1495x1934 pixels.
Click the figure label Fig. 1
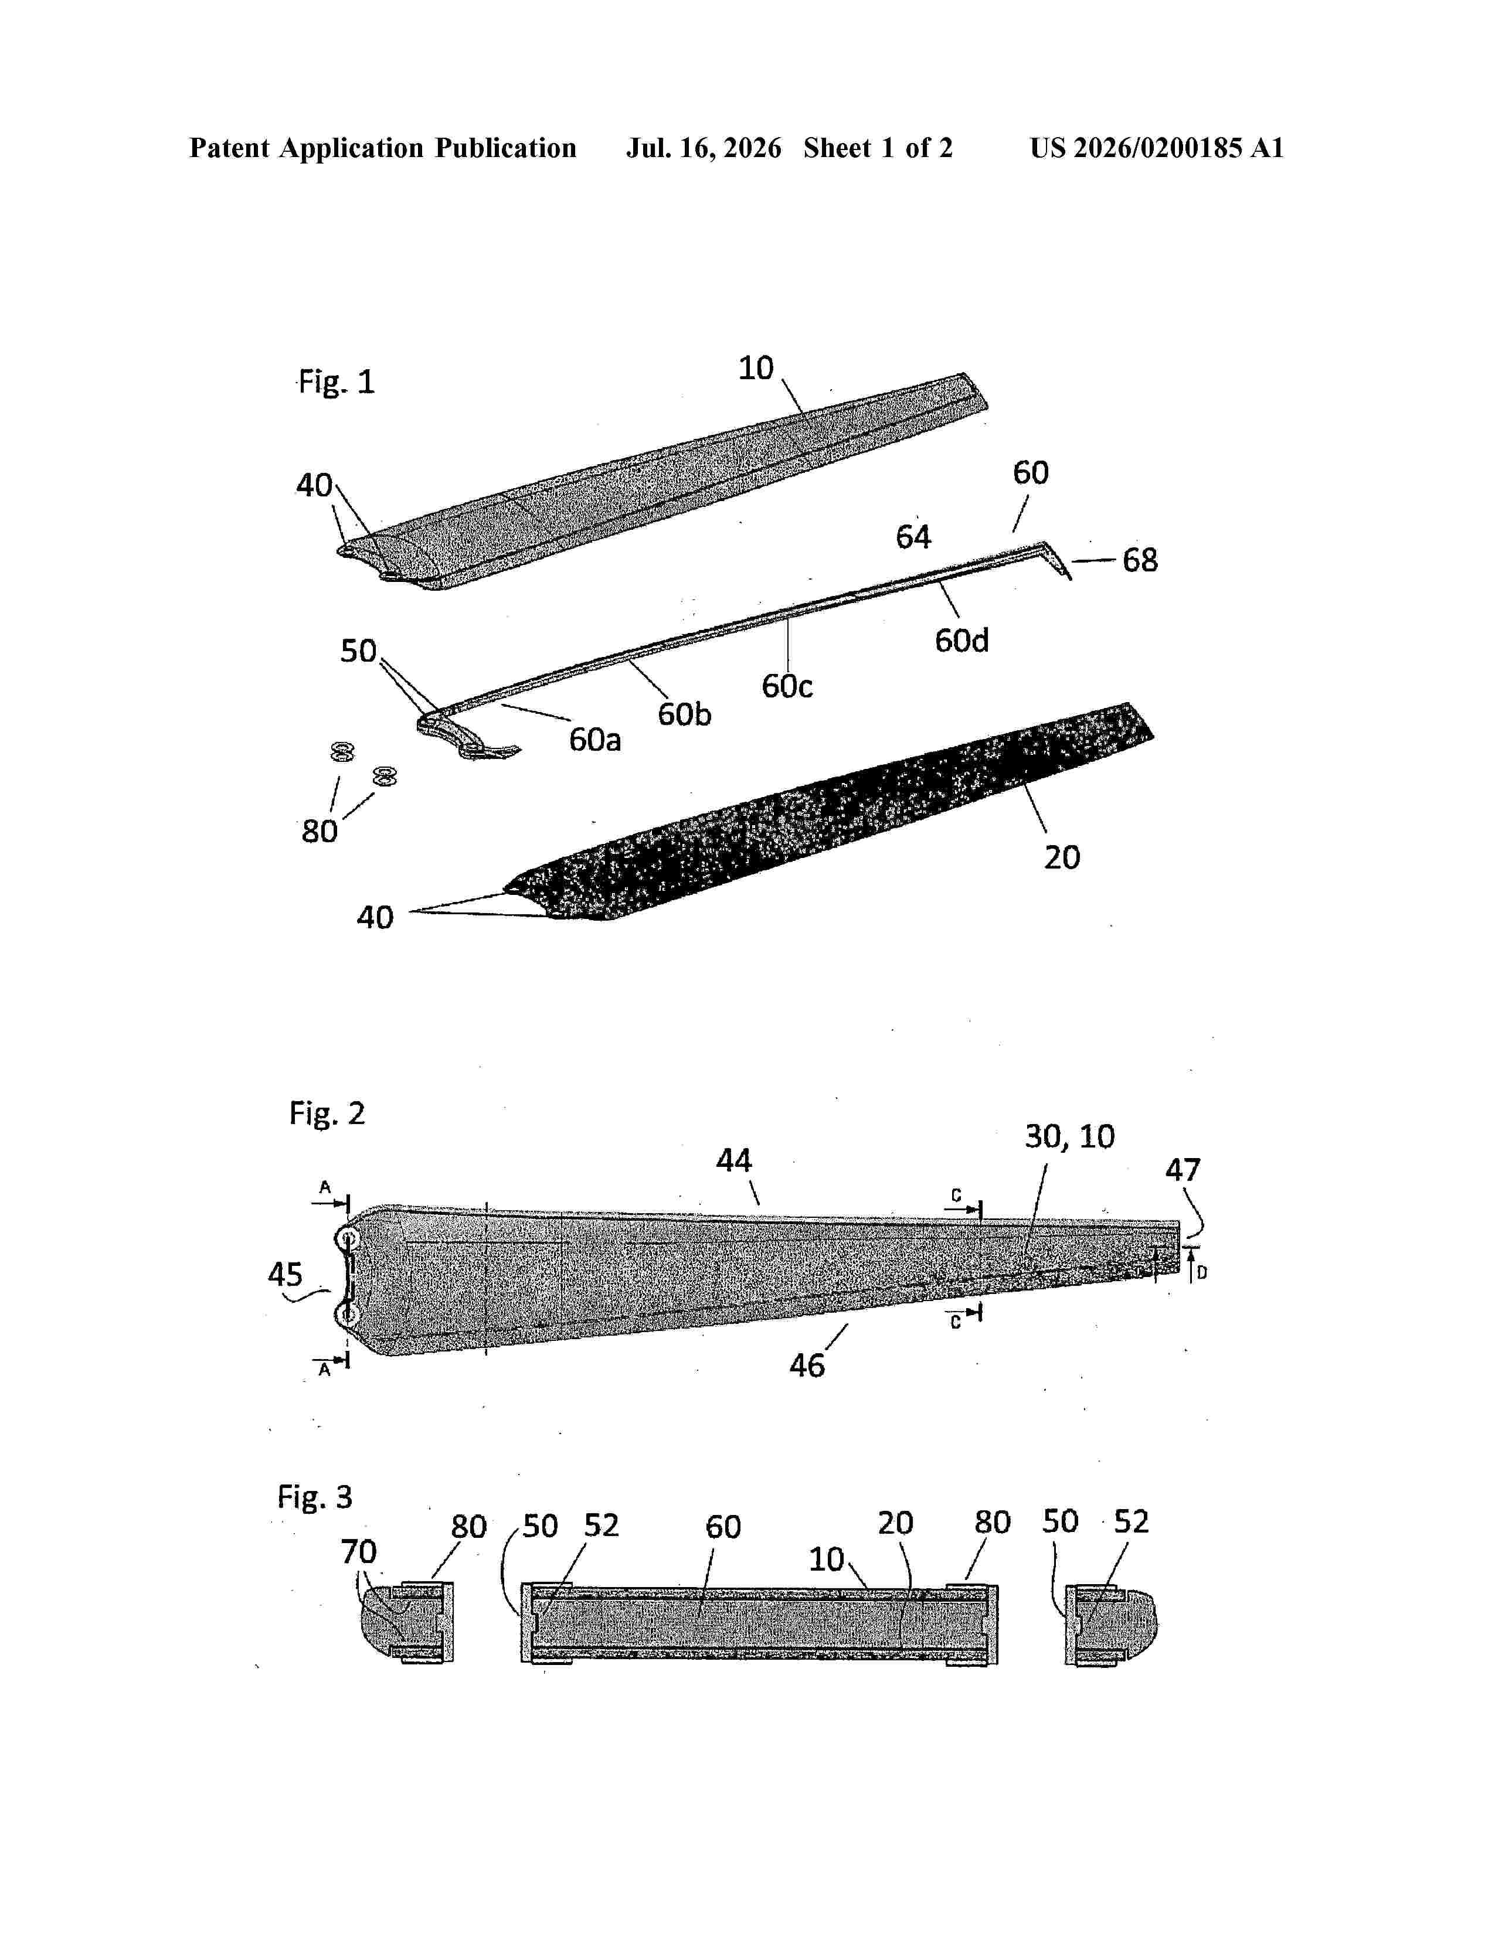point(337,383)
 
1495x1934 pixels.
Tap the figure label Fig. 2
point(327,1113)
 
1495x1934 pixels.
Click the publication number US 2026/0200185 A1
point(1157,148)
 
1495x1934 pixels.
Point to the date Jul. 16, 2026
point(704,148)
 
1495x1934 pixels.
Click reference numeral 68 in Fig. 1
point(1140,560)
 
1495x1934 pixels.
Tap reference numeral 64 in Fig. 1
point(913,537)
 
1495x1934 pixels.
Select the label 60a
point(594,740)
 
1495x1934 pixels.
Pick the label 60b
point(684,714)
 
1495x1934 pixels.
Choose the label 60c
point(786,686)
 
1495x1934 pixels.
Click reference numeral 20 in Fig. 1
point(1062,857)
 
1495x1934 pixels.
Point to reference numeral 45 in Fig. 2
point(285,1275)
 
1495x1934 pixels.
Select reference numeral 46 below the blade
point(807,1366)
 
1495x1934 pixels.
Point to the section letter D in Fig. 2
point(1202,1272)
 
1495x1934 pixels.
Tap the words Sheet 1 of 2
point(878,148)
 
